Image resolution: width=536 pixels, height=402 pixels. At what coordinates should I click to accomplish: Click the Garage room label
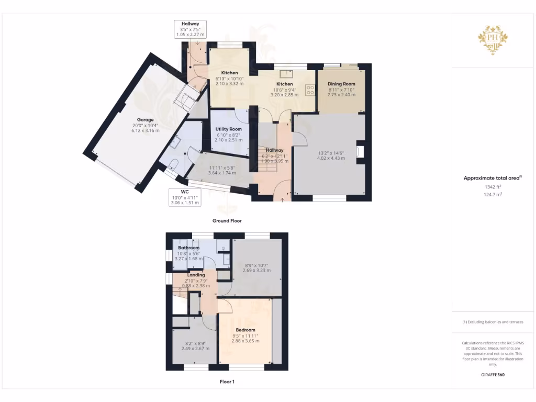146,120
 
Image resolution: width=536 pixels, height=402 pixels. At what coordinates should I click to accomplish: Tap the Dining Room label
341,84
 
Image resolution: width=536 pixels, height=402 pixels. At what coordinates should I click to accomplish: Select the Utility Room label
229,129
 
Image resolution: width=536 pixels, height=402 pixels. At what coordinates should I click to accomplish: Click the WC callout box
184,197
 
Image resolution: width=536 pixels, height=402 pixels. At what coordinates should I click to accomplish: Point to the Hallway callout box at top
190,29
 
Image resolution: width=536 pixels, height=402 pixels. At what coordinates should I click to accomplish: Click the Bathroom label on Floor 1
188,248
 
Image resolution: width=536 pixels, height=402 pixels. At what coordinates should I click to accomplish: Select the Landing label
196,275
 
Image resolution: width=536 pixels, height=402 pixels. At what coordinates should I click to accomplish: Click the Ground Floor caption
227,221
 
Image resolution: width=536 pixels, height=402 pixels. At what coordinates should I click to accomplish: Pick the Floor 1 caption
227,382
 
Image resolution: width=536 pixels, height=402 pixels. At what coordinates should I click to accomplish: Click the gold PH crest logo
493,39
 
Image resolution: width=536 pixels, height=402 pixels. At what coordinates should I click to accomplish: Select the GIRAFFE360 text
493,375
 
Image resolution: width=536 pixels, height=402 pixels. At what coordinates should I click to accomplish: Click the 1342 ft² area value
493,186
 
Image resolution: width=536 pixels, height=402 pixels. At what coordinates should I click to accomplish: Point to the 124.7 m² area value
493,194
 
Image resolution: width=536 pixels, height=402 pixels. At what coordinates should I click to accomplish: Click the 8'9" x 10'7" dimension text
258,265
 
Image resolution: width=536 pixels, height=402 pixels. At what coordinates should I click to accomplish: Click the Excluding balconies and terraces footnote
493,322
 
